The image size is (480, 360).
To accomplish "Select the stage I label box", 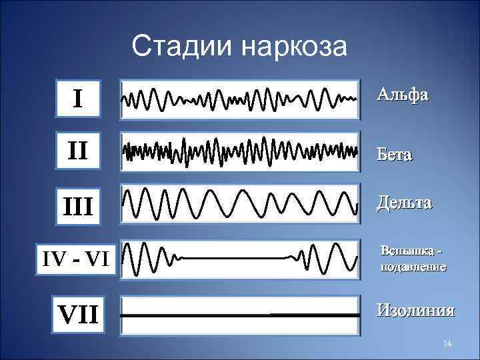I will [78, 99].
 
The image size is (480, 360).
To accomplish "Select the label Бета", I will [394, 155].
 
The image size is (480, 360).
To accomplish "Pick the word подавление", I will [413, 267].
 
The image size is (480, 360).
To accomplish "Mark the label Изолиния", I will [415, 310].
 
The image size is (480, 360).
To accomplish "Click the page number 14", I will [447, 343].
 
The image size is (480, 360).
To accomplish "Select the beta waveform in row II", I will [240, 153].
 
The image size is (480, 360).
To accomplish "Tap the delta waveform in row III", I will [240, 203].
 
